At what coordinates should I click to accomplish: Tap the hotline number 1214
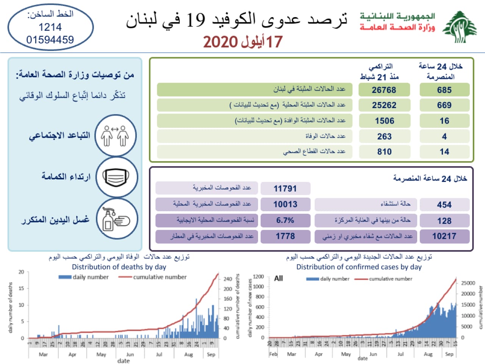point(50,27)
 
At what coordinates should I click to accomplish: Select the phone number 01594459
point(50,39)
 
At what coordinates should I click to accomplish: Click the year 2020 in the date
point(220,42)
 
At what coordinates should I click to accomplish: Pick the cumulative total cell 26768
point(384,90)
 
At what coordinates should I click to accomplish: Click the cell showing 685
point(444,90)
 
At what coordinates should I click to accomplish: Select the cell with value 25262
point(384,105)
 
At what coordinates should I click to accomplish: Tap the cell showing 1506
point(384,121)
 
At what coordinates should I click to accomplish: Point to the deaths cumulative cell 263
point(384,136)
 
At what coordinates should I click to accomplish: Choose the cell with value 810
point(384,152)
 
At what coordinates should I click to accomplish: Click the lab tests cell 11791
point(285,188)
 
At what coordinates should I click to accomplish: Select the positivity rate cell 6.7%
point(285,220)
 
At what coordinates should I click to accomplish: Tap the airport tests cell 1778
point(285,236)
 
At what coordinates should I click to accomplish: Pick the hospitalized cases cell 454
point(444,205)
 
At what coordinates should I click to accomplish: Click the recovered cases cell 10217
point(444,236)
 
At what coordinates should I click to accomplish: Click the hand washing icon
point(116,219)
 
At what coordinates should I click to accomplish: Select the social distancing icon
point(115,136)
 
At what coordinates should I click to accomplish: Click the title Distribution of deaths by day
point(119,267)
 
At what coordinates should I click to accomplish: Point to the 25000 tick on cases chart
point(468,283)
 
